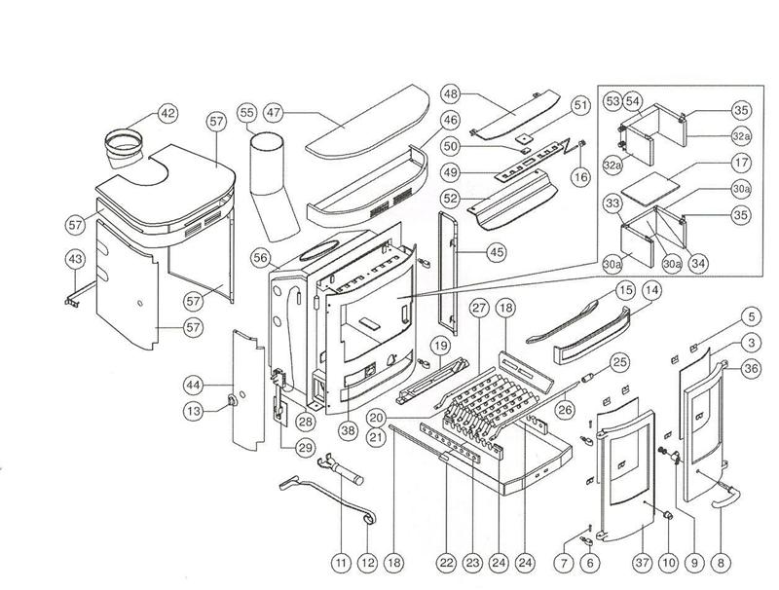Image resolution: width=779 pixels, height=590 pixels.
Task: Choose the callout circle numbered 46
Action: click(x=451, y=121)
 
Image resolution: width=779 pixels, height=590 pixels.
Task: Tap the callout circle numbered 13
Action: click(x=195, y=412)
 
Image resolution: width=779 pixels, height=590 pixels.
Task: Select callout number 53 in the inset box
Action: click(x=612, y=101)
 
